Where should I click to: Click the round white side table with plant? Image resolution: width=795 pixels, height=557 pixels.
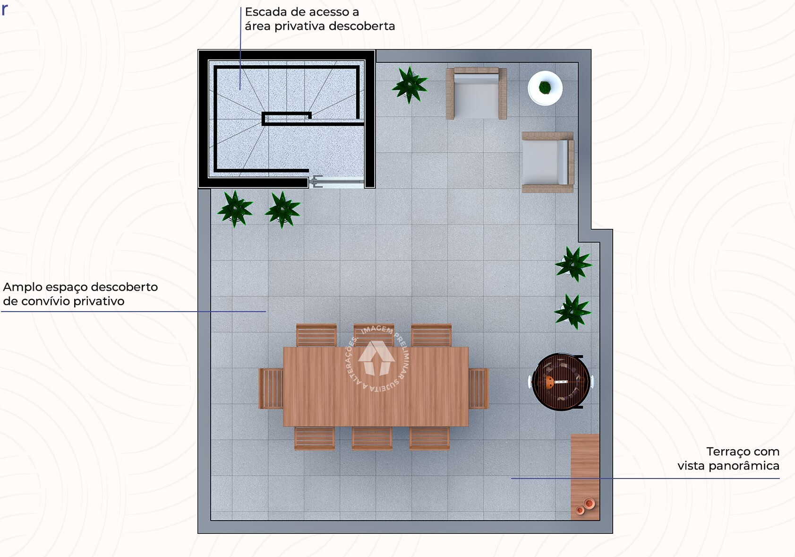(x=545, y=88)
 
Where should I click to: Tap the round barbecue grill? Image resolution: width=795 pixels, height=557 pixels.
(x=561, y=382)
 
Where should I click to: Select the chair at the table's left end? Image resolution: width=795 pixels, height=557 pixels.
(x=271, y=389)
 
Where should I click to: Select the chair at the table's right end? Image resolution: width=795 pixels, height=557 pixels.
(x=478, y=389)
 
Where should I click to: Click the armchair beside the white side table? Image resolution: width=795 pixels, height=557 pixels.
(x=476, y=94)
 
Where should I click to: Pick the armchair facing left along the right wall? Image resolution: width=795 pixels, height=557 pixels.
(x=547, y=162)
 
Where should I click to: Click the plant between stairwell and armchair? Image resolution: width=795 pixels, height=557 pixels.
(x=410, y=85)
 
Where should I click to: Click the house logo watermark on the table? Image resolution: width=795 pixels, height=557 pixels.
(x=376, y=358)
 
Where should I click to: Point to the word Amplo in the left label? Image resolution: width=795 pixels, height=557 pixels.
(x=22, y=287)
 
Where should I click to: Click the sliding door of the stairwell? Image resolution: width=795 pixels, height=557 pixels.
(x=336, y=182)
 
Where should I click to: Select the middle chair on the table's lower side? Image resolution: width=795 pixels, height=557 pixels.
(x=372, y=438)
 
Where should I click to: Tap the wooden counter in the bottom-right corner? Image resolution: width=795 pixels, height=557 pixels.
(x=585, y=468)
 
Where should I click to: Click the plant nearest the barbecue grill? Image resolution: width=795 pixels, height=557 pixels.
(x=573, y=311)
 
